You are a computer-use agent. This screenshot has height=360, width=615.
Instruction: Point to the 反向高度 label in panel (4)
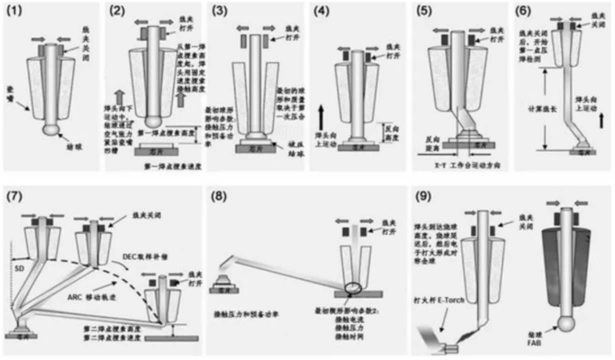[x=391, y=132]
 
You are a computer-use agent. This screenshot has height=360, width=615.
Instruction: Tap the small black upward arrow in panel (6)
[x=601, y=119]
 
